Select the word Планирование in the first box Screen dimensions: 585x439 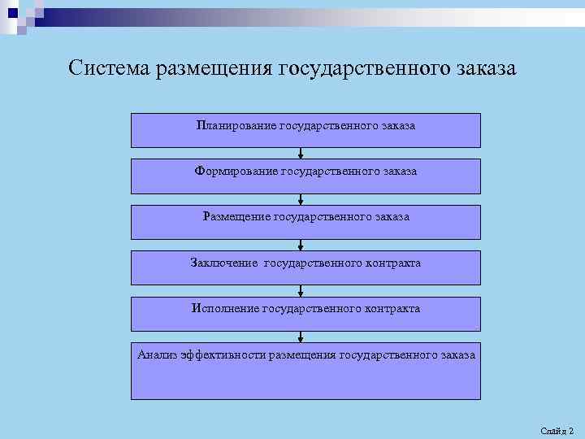point(236,126)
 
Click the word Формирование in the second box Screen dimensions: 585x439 point(235,172)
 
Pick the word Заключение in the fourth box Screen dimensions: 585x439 point(224,263)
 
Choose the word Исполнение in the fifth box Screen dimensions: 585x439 point(225,309)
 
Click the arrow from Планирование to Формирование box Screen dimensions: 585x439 point(301,153)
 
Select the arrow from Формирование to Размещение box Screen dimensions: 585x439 point(301,198)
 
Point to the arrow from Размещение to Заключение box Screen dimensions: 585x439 point(301,244)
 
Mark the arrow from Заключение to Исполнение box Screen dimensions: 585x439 point(301,290)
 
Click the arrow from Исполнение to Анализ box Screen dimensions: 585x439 point(301,337)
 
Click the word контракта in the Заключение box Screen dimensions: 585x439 point(392,263)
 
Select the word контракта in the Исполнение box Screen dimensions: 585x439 point(392,309)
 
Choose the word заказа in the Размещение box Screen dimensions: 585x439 point(393,217)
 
